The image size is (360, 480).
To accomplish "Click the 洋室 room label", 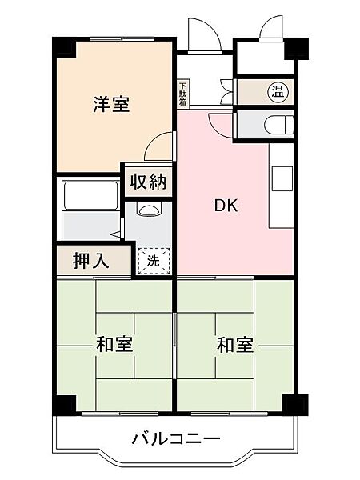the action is (111, 104).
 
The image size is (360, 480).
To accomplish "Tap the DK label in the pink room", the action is (226, 206).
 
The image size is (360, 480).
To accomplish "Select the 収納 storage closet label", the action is (148, 182).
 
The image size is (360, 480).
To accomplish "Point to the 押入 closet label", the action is (91, 261).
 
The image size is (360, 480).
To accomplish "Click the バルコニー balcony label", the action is (176, 439).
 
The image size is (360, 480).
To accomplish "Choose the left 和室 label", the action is (114, 344).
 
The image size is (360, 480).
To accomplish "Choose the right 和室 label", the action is (235, 344).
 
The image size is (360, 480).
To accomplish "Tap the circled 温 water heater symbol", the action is (278, 91).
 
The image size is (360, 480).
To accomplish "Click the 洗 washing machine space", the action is (153, 261).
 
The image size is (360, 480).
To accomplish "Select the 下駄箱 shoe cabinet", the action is (182, 94).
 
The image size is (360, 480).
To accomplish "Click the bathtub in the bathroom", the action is (90, 196).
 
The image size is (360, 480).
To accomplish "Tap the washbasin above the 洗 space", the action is (149, 209).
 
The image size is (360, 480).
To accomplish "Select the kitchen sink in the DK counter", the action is (282, 178).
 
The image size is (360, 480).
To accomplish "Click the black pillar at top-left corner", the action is (64, 47).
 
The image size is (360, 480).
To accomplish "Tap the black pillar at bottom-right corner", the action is (295, 403).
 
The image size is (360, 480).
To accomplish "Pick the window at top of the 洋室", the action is (122, 39).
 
